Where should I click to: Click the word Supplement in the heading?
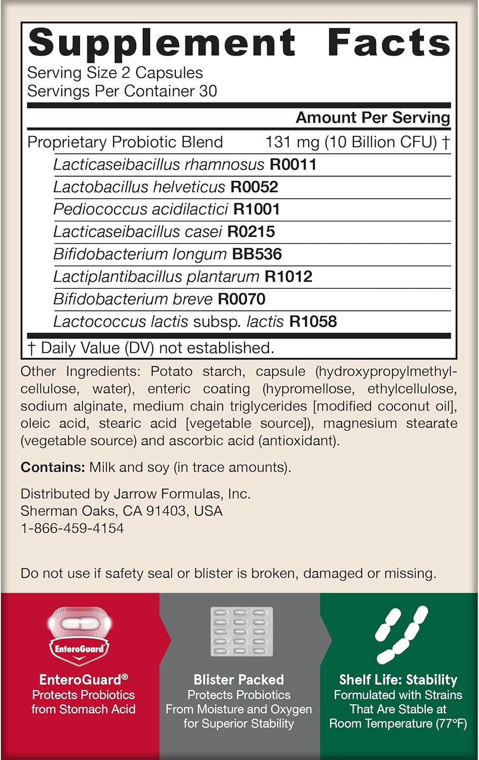click(162, 44)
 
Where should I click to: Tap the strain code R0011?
click(293, 165)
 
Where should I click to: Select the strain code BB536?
click(257, 254)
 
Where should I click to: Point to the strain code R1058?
click(313, 321)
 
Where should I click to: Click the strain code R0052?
click(254, 187)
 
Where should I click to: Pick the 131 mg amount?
click(292, 142)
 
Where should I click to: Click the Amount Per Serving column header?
click(373, 118)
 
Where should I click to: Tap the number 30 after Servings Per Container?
click(208, 91)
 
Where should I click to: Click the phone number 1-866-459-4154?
click(72, 528)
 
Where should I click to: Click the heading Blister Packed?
click(239, 680)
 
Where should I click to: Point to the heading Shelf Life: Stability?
click(398, 680)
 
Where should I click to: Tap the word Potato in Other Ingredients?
click(171, 371)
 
